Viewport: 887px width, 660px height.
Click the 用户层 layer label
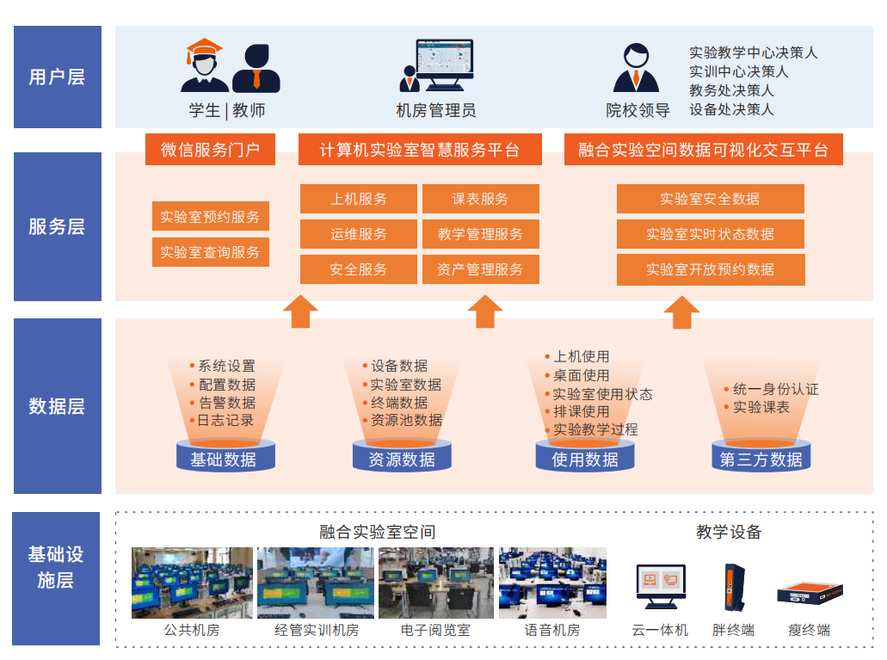(x=57, y=77)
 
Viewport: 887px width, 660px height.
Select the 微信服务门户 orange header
(x=210, y=150)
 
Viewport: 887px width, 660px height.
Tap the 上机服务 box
(x=358, y=199)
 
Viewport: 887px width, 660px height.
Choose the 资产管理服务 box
(x=480, y=269)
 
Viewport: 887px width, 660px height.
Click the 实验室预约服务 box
(x=210, y=217)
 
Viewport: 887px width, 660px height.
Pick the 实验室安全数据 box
(x=710, y=199)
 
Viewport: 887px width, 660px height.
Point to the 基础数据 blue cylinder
(x=224, y=459)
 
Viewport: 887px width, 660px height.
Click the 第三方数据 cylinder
(x=761, y=459)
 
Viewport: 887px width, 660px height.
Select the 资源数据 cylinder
(x=402, y=459)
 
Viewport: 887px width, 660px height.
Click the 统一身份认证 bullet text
(x=775, y=389)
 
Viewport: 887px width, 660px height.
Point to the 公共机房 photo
(x=192, y=583)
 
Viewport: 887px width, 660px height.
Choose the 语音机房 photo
(x=552, y=583)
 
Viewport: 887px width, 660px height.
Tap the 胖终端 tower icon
(x=732, y=587)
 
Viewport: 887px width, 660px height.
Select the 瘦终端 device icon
(x=810, y=594)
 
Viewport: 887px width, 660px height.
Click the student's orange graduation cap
(x=204, y=50)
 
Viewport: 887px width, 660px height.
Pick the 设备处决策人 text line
(x=731, y=109)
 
